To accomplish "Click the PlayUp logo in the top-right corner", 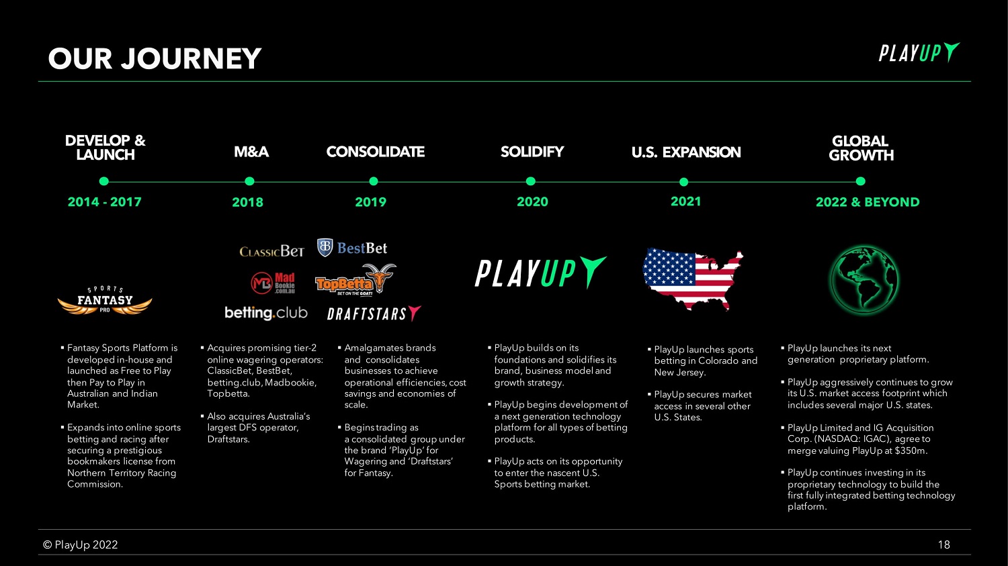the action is point(919,52).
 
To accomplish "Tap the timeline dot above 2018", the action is point(249,181).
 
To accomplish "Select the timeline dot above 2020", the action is point(531,181).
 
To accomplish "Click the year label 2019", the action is point(370,202).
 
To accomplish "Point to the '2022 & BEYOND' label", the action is point(868,202).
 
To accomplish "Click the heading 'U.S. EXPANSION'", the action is point(686,152).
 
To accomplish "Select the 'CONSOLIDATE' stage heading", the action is point(375,152).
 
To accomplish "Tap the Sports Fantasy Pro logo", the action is point(105,300).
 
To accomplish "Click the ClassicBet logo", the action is point(271,251).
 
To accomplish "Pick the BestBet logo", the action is point(352,248).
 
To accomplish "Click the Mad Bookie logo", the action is point(273,283).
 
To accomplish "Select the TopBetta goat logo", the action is point(355,279).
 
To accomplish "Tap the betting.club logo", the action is point(266,313).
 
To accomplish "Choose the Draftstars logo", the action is point(374,314).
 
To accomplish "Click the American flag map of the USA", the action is point(693,279).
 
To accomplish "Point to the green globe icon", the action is point(864,279).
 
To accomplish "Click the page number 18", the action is point(943,545).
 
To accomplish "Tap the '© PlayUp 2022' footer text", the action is point(80,545).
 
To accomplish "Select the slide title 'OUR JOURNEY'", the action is point(155,58).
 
